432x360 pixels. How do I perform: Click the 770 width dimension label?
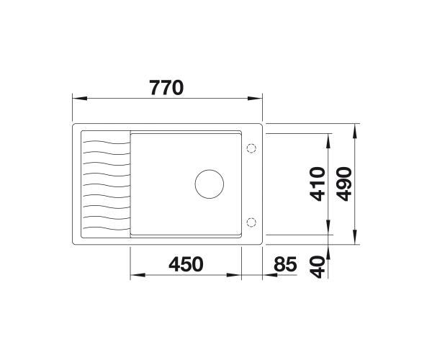166,88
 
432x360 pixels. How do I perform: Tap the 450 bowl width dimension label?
186,264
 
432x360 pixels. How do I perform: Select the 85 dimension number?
285,264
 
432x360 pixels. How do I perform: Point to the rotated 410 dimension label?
318,184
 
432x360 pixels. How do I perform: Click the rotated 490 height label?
344,184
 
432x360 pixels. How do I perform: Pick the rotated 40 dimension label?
318,267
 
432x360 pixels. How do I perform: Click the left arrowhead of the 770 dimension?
80,99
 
